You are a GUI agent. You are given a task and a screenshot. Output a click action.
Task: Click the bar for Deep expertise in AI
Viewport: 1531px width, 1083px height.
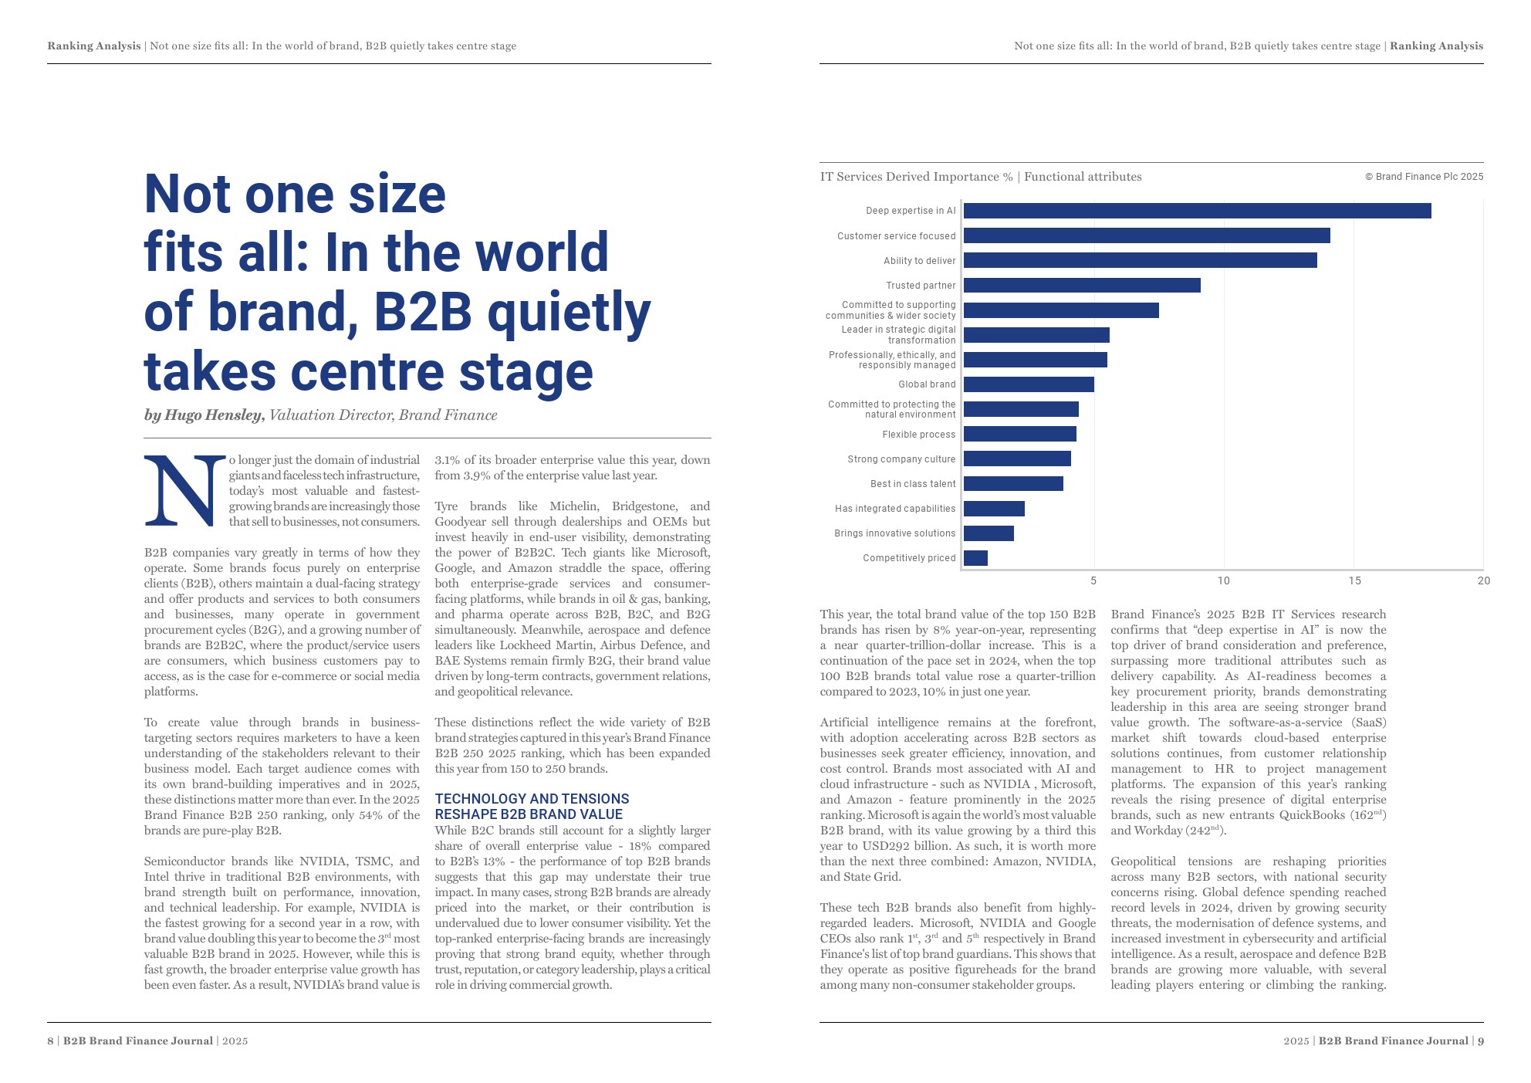tap(1197, 211)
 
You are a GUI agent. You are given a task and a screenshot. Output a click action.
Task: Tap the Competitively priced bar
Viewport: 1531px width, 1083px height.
tap(975, 558)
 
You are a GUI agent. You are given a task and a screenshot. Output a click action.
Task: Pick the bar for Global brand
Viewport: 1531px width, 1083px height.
tap(1029, 384)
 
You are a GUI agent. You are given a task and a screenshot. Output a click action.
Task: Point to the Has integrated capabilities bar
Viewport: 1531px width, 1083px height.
tap(994, 509)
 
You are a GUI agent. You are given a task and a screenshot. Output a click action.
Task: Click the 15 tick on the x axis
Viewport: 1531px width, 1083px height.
tap(1354, 580)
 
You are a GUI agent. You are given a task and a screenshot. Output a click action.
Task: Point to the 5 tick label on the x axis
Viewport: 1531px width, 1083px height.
tap(1093, 580)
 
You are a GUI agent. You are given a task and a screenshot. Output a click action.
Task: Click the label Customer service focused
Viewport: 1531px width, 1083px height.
tap(896, 236)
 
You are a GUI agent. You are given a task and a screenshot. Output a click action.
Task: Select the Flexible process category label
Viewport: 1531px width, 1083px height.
tap(918, 435)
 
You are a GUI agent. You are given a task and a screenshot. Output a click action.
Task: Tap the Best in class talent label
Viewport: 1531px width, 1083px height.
tap(912, 484)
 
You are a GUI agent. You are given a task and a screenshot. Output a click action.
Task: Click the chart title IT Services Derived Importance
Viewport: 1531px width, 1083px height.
tap(916, 177)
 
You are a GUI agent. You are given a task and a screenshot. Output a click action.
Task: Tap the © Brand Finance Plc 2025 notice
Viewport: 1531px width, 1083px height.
tap(1424, 177)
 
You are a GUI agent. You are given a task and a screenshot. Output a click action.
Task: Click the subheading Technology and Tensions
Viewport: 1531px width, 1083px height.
tap(532, 799)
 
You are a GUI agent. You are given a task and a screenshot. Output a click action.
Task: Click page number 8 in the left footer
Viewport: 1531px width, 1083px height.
tap(50, 1041)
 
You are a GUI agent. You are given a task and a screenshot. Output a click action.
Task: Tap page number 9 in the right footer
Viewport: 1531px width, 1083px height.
tap(1480, 1041)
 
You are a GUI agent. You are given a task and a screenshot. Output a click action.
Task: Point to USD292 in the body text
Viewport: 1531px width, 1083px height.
tap(880, 846)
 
